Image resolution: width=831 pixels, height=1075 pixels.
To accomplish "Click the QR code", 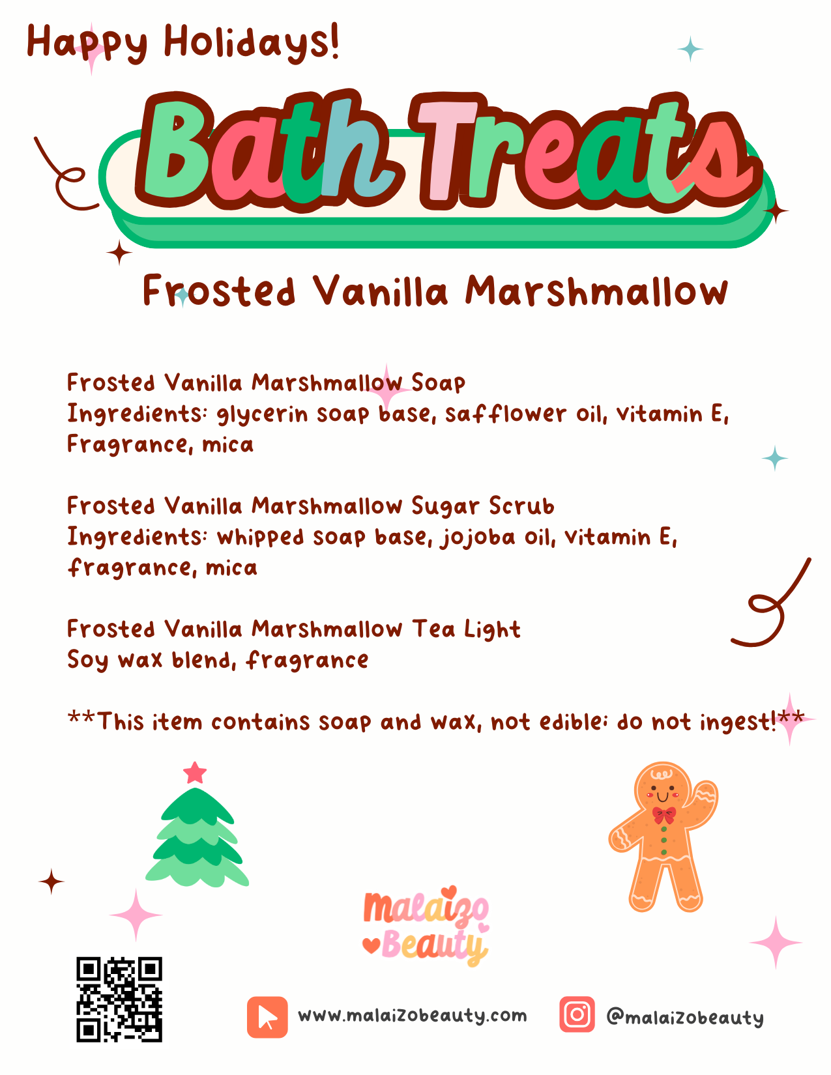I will click(x=119, y=999).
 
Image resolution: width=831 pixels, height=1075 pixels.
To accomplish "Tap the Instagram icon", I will click(x=577, y=1014).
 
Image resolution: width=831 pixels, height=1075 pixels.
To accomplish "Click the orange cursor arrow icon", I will click(x=267, y=1016).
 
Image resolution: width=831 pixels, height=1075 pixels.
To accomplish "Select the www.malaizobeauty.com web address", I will click(x=412, y=1016).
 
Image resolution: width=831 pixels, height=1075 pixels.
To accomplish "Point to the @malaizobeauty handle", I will click(x=684, y=1017).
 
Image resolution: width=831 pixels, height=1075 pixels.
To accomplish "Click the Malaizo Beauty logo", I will click(x=426, y=926).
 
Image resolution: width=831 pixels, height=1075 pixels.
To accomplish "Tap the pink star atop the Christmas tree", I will click(x=195, y=773).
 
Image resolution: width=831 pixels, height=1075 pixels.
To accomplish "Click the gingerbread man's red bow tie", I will click(x=664, y=814).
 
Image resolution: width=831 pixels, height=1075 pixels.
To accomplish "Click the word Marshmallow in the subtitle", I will click(x=596, y=291).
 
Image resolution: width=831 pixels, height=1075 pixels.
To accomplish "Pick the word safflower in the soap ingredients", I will click(x=506, y=414).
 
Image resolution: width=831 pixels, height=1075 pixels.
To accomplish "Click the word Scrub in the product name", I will click(x=521, y=506).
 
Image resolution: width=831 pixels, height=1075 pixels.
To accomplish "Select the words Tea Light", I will click(x=466, y=630).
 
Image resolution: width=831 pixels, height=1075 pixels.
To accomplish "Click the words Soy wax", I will click(x=115, y=661).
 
